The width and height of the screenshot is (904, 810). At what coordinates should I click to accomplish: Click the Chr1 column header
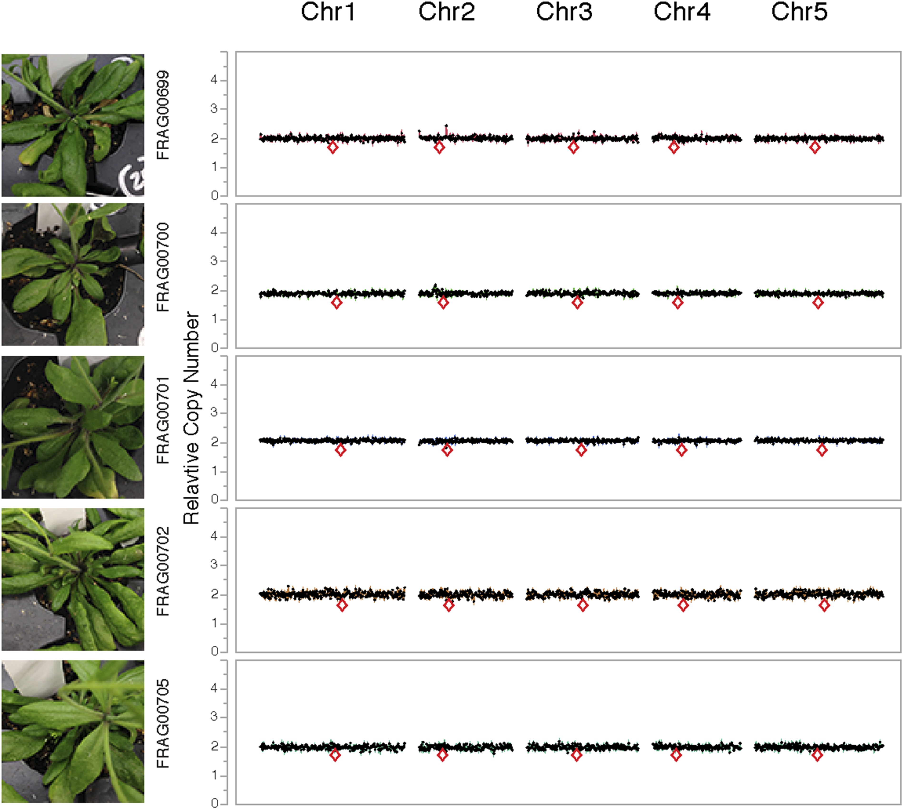point(328,12)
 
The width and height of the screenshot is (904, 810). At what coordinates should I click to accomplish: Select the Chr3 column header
point(564,12)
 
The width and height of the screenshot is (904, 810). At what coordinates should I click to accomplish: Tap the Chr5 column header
point(799,12)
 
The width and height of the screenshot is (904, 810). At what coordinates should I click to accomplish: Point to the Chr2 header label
point(447,12)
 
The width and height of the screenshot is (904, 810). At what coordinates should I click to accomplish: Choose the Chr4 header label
point(682,12)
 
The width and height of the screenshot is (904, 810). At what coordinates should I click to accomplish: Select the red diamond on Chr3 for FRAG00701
point(581,450)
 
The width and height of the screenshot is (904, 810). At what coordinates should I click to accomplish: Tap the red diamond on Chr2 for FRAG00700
point(443,303)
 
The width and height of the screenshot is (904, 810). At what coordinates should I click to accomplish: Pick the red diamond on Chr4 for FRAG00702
point(683,605)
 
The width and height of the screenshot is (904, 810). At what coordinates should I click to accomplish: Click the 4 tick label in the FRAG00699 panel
point(214,80)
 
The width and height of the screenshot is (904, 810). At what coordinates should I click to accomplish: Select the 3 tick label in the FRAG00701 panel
point(214,412)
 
